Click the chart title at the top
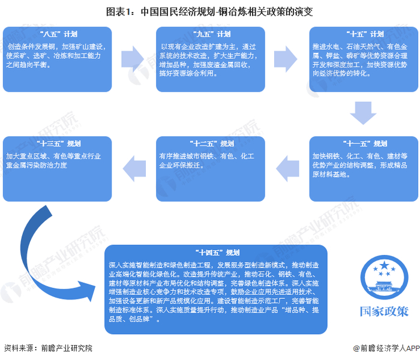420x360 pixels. coord(209,12)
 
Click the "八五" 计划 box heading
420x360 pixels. coord(58,34)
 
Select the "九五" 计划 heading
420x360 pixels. coord(212,34)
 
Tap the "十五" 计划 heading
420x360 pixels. coord(365,34)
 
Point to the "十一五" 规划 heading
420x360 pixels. coord(365,143)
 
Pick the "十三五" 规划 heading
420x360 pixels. coord(58,143)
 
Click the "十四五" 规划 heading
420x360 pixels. coord(217,253)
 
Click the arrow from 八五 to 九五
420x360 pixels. coord(133,59)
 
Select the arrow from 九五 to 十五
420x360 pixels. coord(286,59)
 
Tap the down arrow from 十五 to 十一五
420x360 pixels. coord(363,113)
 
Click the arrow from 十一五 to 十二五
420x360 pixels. coord(287,169)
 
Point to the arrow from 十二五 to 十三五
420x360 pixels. coord(134,169)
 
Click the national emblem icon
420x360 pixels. coord(384,278)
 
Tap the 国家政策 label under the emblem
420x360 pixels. coord(384,311)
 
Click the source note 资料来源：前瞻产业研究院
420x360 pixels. coord(48,348)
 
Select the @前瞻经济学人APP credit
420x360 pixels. coord(386,348)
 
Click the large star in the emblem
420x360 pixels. coord(384,265)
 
